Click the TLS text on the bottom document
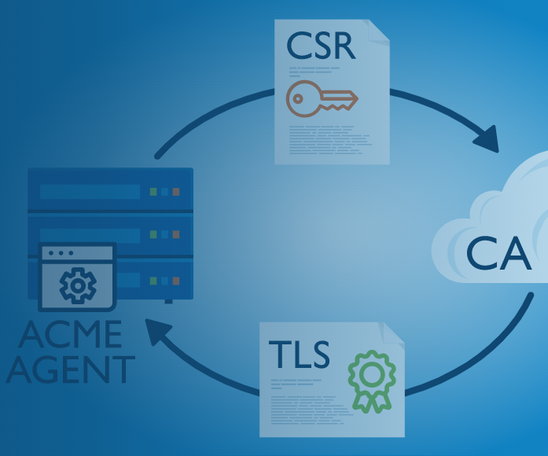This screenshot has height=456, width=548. pyautogui.click(x=299, y=355)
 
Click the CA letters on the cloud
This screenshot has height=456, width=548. pyautogui.click(x=499, y=253)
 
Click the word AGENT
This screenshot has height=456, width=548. pyautogui.click(x=71, y=369)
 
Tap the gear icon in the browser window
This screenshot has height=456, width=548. pyautogui.click(x=78, y=285)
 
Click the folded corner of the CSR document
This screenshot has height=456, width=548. pyautogui.click(x=378, y=31)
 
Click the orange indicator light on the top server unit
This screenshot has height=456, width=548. pyautogui.click(x=176, y=191)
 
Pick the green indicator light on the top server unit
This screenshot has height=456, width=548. pyautogui.click(x=154, y=191)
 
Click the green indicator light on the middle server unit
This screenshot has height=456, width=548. pyautogui.click(x=154, y=234)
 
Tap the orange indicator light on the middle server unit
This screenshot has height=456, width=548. pyautogui.click(x=176, y=234)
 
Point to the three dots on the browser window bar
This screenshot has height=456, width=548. pyautogui.click(x=61, y=253)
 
